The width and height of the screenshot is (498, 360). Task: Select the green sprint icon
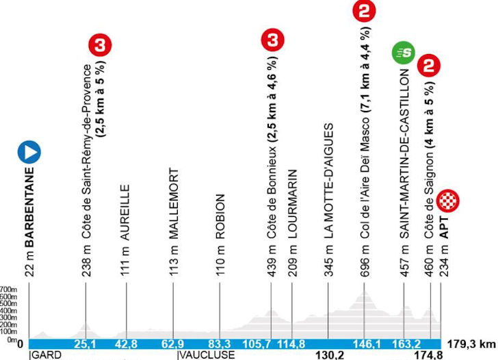click(x=404, y=52)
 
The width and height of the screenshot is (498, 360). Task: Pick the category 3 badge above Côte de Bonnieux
click(x=274, y=40)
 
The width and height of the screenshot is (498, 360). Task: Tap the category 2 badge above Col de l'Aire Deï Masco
click(x=363, y=11)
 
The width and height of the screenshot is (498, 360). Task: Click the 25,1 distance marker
click(x=86, y=344)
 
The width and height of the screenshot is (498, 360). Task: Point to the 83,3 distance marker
click(x=220, y=344)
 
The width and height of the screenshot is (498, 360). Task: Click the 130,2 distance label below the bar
click(x=328, y=355)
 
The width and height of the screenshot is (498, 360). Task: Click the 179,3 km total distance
click(x=472, y=344)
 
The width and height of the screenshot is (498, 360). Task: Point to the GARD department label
click(x=45, y=355)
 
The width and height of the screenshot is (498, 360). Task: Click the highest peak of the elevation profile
click(x=363, y=291)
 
